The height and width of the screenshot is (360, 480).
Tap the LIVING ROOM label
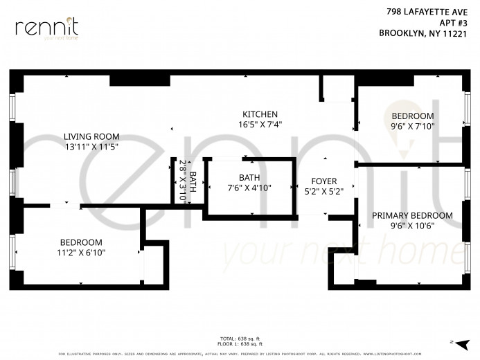click(91, 136)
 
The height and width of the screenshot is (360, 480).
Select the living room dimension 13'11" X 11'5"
click(91, 147)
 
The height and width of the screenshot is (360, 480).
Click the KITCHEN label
click(260, 114)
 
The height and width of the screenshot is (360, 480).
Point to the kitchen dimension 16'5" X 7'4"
click(260, 125)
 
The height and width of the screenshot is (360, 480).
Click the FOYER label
click(323, 181)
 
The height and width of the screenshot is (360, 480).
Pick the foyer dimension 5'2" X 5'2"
click(323, 191)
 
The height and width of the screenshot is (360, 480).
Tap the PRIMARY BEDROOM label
click(412, 215)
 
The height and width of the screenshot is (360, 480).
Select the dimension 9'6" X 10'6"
click(412, 226)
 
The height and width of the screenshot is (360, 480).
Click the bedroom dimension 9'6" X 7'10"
click(412, 126)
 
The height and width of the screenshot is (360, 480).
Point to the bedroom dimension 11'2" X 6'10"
click(81, 253)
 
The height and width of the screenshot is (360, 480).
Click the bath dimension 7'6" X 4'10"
click(249, 188)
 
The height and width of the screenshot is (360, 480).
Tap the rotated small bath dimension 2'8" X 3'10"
click(184, 181)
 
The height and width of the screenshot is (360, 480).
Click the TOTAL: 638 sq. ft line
click(240, 339)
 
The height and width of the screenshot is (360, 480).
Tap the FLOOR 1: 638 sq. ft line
click(240, 344)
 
